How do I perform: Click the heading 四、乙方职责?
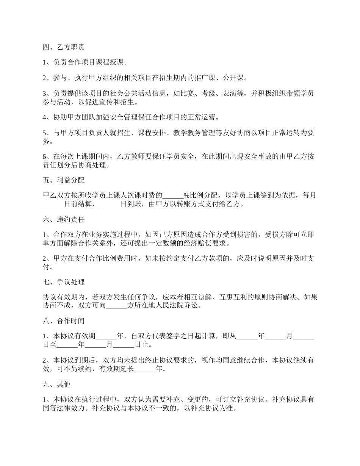tap(63, 47)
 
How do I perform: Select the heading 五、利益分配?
tap(63, 180)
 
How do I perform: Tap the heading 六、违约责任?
tap(63, 220)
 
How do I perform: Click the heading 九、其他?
tap(56, 384)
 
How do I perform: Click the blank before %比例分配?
tap(173, 195)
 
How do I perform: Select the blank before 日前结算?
tap(53, 205)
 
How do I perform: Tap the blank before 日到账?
tap(109, 205)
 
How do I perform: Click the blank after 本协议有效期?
tap(106, 336)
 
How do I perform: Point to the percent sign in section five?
tap(186, 195)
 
